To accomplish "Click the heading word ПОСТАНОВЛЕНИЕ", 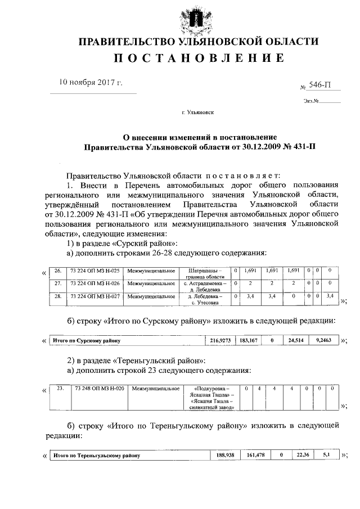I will coord(198,58).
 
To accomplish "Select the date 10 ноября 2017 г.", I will coord(91,83).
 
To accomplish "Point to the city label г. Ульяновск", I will coord(197,112).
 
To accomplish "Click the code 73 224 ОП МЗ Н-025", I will coord(94,271).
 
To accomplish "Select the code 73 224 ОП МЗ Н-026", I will coord(94,283).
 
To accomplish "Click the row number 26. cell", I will coord(58,271).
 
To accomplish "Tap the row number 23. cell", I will coord(60,389).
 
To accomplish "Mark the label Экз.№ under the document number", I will coord(311,102).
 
